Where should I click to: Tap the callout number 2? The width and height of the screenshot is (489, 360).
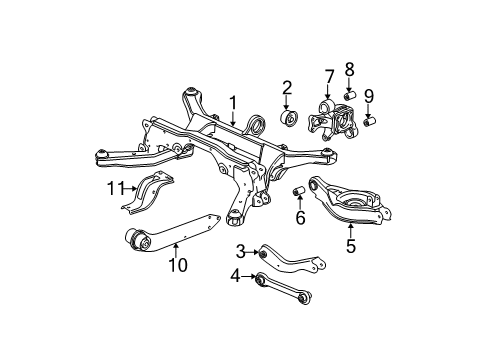286,87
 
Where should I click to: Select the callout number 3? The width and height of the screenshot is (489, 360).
240,250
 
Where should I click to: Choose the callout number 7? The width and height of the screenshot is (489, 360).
329,76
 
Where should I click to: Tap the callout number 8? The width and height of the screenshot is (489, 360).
349,70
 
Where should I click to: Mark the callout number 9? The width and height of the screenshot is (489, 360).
368,97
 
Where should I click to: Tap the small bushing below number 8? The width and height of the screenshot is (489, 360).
350,95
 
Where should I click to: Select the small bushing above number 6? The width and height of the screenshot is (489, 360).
298,190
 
